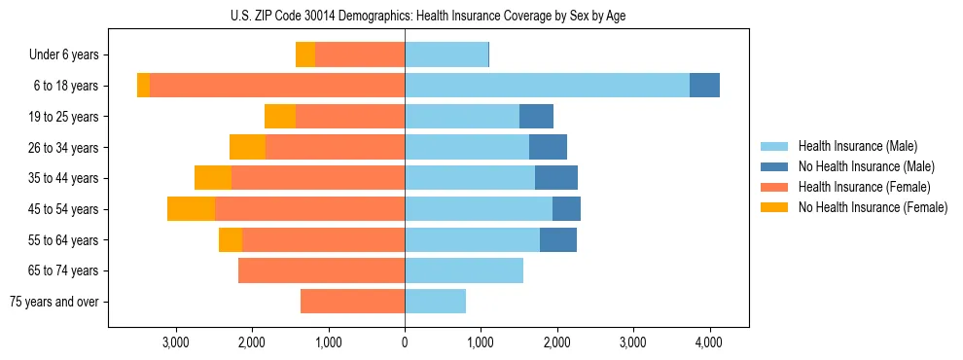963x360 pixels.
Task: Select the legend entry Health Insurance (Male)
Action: pos(857,146)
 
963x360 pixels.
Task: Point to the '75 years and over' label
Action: pos(53,302)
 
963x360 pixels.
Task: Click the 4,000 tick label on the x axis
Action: pos(709,342)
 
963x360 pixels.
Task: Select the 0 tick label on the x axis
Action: pos(405,342)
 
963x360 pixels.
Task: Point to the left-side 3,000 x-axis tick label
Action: pos(176,342)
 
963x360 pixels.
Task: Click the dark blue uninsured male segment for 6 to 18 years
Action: pos(704,86)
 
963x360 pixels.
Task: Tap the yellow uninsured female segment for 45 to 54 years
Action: pos(191,209)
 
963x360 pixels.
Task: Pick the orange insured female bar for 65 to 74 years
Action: pos(321,270)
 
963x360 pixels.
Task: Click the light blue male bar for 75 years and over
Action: pos(435,302)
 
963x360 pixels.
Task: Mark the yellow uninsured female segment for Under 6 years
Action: pos(305,54)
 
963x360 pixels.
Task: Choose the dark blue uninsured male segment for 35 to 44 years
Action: pos(555,178)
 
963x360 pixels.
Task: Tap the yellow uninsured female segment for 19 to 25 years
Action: pos(280,117)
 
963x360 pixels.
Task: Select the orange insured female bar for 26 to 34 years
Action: pos(335,147)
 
